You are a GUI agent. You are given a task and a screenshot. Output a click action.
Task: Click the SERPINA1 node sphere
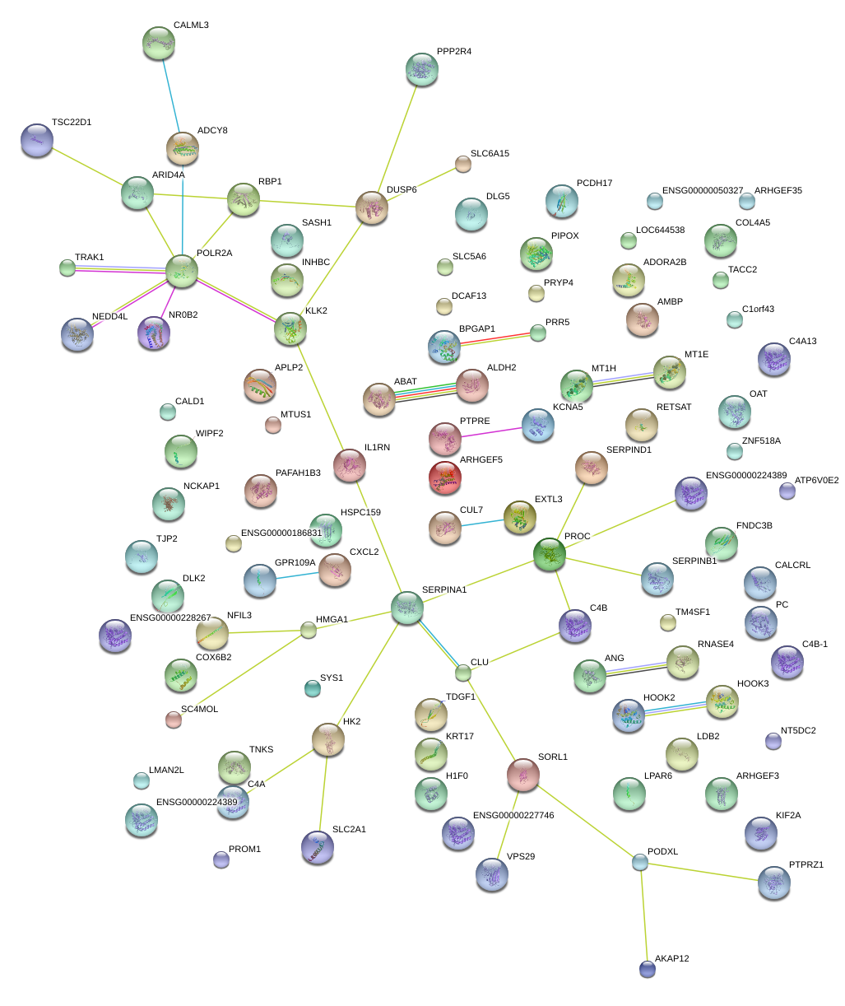click(x=406, y=607)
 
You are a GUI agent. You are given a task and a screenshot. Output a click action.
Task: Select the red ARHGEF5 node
click(x=445, y=477)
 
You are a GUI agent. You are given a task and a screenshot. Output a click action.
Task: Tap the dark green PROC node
click(x=550, y=554)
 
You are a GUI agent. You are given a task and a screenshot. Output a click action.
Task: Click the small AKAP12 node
click(x=647, y=969)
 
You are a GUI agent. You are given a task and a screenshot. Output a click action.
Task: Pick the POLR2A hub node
click(x=182, y=271)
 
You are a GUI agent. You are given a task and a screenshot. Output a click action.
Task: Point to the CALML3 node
click(x=159, y=43)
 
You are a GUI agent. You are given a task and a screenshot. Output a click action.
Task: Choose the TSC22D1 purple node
click(x=37, y=140)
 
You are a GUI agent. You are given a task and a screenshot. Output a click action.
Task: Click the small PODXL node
click(x=640, y=862)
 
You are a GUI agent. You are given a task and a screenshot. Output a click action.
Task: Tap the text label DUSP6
click(x=402, y=189)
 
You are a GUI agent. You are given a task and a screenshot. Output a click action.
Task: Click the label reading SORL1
click(x=553, y=757)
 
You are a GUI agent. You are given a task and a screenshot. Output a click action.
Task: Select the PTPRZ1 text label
click(x=806, y=864)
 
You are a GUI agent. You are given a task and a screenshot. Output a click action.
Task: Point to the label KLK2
click(x=316, y=310)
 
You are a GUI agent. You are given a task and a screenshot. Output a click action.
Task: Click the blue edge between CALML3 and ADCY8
click(x=170, y=95)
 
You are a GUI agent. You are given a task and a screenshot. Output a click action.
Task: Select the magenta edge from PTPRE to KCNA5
click(x=491, y=432)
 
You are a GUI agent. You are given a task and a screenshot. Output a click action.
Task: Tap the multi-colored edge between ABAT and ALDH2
click(x=425, y=392)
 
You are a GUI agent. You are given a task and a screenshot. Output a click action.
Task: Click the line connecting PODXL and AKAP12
click(x=643, y=915)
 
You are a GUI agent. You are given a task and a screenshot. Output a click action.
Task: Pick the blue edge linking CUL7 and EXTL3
click(x=482, y=523)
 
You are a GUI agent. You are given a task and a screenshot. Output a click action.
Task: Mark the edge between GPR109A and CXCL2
click(x=297, y=575)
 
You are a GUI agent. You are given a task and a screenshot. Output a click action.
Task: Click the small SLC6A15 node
click(x=462, y=165)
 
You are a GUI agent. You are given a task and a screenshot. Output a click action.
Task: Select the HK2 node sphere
click(x=328, y=739)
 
